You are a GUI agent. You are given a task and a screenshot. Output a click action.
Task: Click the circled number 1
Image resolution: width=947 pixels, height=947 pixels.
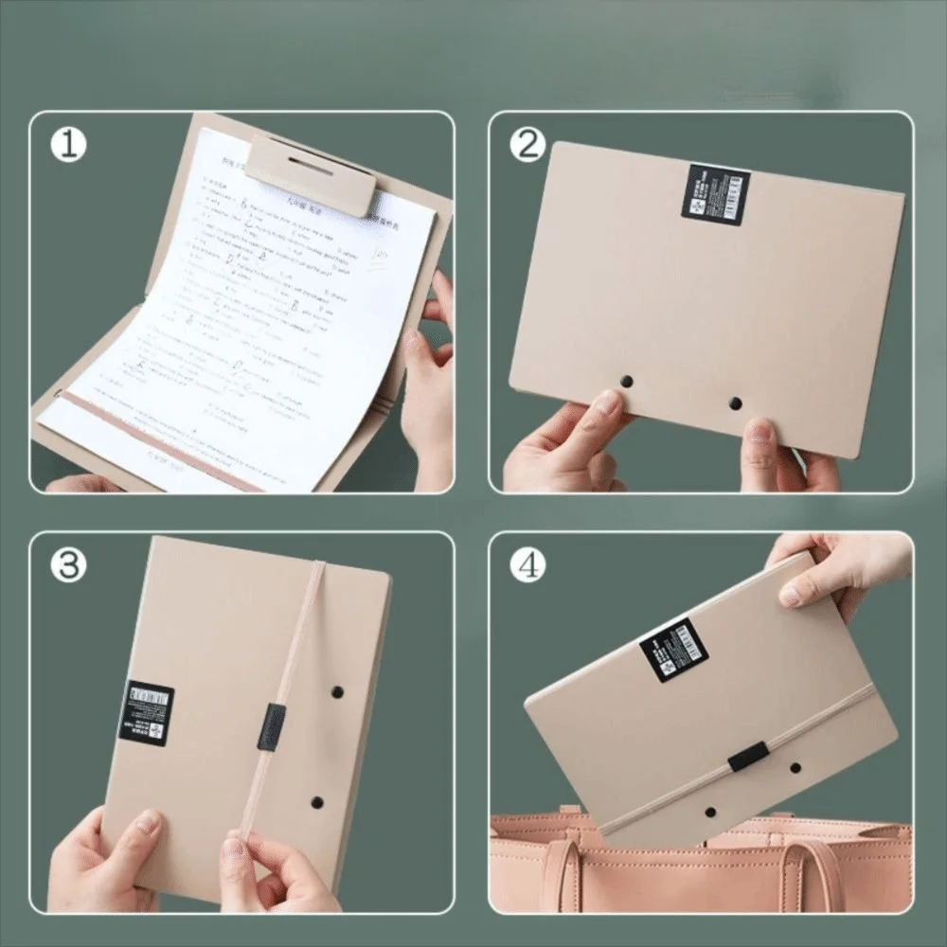68,145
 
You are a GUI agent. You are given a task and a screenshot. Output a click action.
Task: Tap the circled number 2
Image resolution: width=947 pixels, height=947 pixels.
528,145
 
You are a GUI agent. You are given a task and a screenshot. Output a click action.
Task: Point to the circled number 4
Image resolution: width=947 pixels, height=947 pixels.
528,565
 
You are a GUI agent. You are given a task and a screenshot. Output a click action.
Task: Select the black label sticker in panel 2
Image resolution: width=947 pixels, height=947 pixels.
716,194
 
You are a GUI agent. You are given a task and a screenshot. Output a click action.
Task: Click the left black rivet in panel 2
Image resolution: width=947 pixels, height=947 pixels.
626,381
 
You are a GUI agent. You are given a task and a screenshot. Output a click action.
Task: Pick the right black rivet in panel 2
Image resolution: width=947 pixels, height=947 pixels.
735,403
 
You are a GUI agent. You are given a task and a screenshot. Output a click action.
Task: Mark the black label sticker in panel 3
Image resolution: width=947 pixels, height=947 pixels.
146,712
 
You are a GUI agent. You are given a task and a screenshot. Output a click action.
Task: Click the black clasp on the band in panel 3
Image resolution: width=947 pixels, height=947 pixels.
270,727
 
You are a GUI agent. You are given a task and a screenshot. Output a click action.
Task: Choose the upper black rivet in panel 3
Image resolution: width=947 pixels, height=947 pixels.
337,692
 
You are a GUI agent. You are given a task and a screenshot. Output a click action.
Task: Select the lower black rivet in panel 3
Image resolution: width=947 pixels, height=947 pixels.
316,802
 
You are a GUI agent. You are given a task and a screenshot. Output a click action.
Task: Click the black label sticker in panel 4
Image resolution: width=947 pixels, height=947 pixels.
673,650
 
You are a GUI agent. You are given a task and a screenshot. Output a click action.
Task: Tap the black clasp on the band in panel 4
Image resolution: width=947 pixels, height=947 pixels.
748,756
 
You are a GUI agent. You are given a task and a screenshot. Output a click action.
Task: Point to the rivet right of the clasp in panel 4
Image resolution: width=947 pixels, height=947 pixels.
795,767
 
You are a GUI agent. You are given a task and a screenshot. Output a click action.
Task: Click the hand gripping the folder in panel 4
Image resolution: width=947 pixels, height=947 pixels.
833,568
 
